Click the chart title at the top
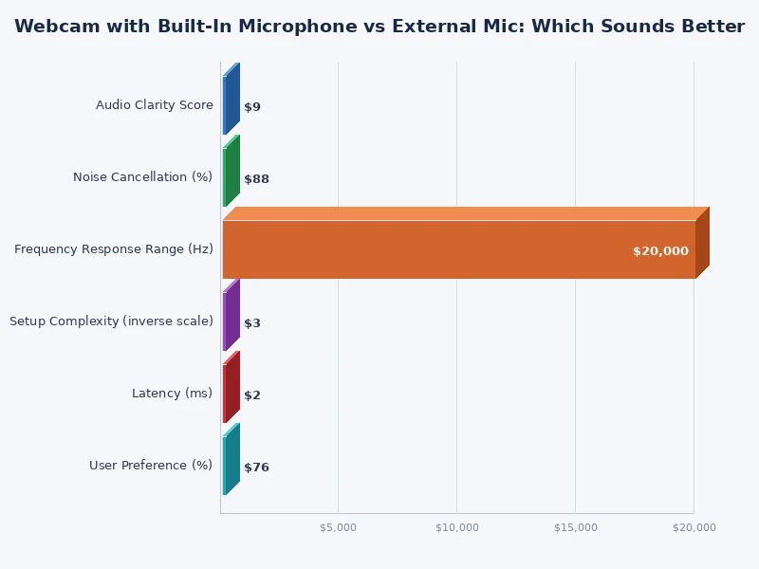pos(379,27)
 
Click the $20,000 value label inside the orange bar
pos(660,251)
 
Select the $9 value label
pos(252,107)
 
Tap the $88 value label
pos(256,179)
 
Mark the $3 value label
pos(252,323)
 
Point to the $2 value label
pos(252,395)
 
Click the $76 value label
pos(256,468)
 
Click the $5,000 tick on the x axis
pos(338,527)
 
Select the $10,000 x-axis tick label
pos(456,527)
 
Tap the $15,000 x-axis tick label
pos(575,527)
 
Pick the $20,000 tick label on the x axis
pos(694,527)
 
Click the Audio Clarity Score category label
pos(154,105)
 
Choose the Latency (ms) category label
pos(172,394)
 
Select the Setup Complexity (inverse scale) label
pos(111,321)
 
